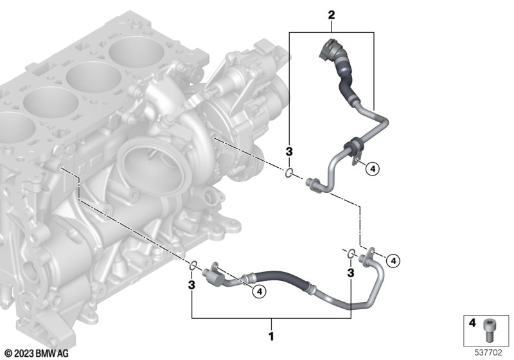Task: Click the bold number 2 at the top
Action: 332,15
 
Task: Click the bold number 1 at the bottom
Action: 271,336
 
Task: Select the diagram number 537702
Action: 488,352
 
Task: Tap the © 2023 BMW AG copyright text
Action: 37,353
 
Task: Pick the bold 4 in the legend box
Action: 472,323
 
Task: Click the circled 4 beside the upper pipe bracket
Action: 373,169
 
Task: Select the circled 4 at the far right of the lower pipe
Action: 393,260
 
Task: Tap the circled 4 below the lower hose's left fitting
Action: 260,291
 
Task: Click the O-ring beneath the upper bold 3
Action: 288,173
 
